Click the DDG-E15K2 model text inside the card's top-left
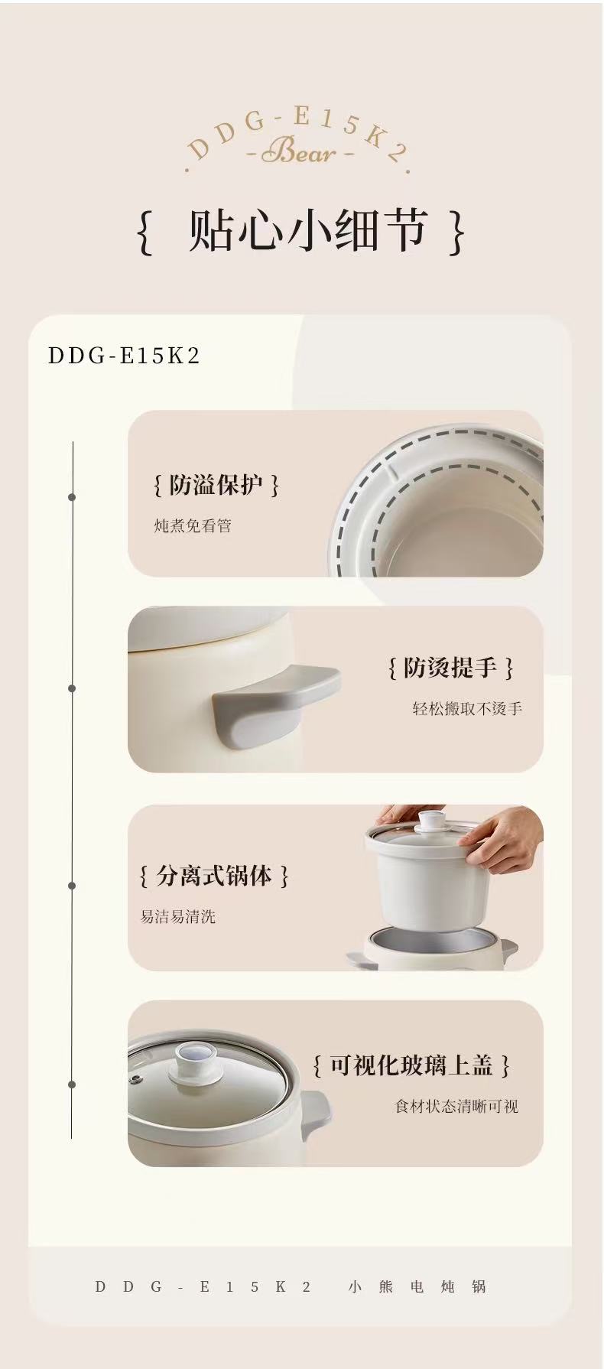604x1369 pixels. tap(124, 356)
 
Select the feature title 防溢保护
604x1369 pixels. tap(216, 485)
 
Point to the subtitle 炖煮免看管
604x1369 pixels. tap(193, 526)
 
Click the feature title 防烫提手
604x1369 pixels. tap(450, 668)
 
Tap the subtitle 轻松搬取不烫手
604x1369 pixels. tap(467, 709)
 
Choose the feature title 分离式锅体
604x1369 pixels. tap(214, 876)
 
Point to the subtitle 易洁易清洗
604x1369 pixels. tap(177, 916)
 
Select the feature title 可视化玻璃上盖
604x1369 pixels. tap(411, 1065)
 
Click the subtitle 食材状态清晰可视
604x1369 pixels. tap(456, 1106)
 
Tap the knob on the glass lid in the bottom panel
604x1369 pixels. tap(193, 1060)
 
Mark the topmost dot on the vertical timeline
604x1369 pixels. tap(72, 497)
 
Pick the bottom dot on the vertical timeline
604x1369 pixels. tap(72, 1084)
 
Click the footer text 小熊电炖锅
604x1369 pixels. tap(417, 1286)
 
